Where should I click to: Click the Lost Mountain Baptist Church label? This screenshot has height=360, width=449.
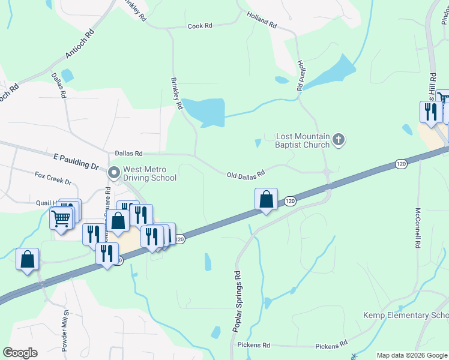[x=303, y=140]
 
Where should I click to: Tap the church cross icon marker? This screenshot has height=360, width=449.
[x=339, y=140]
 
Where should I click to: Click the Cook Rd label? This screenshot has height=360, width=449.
[x=200, y=26]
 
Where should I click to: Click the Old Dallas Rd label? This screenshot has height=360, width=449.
[x=246, y=175]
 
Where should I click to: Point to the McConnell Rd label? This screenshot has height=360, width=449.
[x=418, y=229]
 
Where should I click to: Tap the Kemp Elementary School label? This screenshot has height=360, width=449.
[x=406, y=316]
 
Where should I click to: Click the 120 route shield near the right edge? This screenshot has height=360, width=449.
[x=401, y=164]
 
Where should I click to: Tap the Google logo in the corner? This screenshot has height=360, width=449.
[x=20, y=353]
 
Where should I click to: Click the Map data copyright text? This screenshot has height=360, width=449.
[x=411, y=355]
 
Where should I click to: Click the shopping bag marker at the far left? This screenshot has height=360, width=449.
[x=28, y=260]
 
